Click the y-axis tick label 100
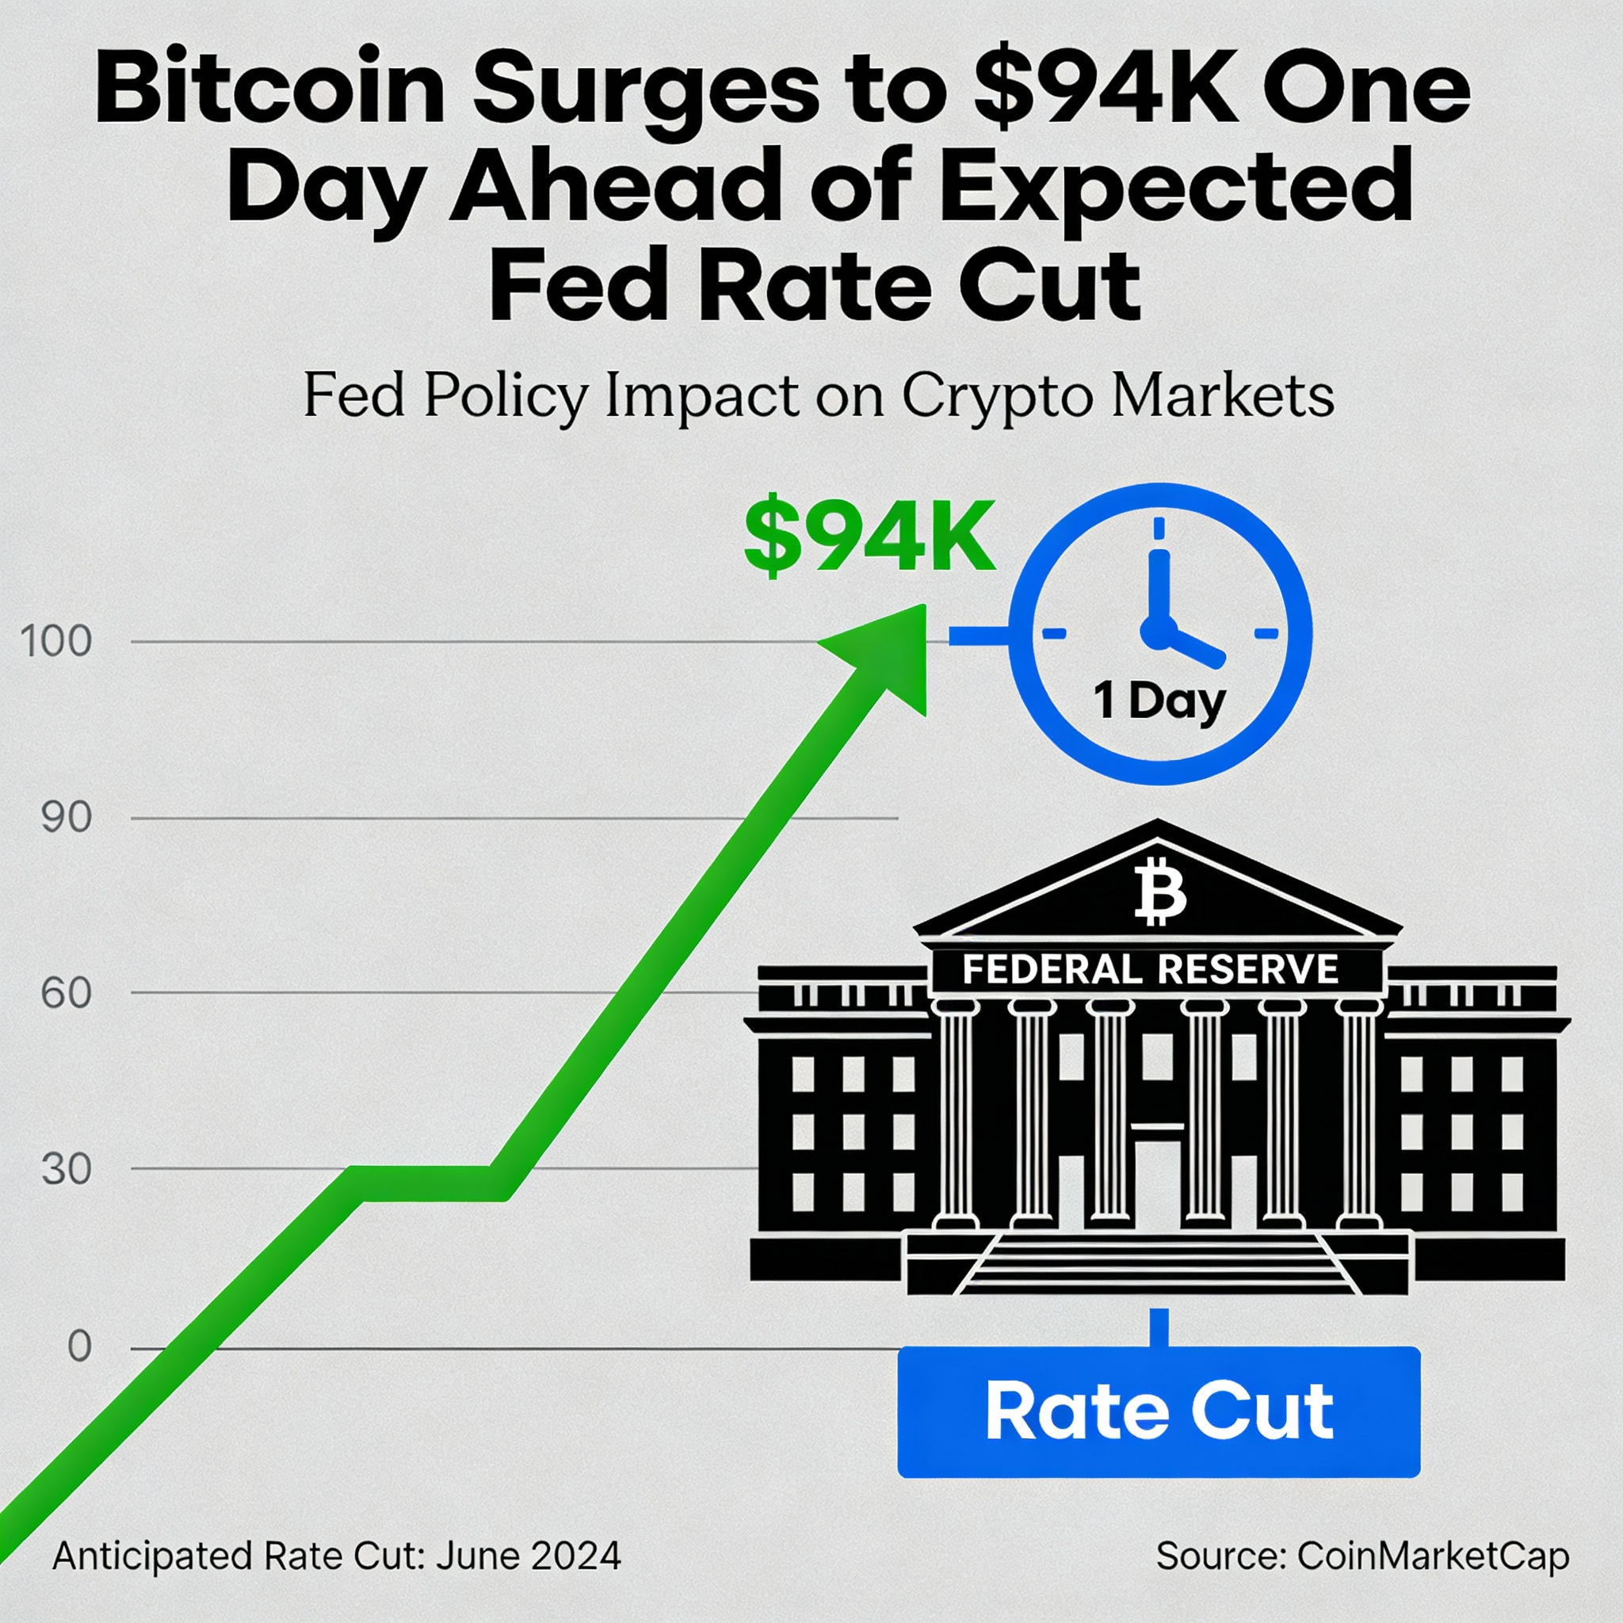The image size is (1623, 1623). pos(56,642)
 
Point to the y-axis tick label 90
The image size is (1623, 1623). pos(67,817)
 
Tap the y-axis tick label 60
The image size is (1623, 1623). pos(67,993)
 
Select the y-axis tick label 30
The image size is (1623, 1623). pos(67,1169)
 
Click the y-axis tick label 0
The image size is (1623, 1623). pos(79,1346)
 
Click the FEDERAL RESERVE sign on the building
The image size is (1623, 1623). pos(1151,969)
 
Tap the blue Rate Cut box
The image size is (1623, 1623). pos(1159,1411)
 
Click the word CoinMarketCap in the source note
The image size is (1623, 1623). pos(1433,1556)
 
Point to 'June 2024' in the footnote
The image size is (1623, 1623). pos(529,1556)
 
